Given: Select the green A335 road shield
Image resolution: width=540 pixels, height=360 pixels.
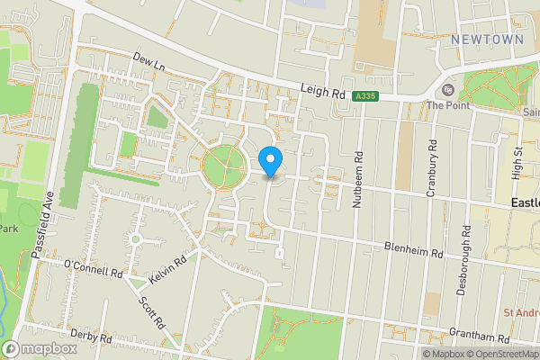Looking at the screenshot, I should [364, 96].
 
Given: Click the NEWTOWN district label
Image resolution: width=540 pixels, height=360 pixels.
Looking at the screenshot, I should [486, 40].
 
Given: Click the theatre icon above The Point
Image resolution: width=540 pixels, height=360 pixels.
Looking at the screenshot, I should [447, 90].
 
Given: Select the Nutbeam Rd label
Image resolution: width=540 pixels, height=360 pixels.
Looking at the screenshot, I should [357, 180].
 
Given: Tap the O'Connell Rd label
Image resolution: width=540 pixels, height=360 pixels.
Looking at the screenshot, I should [93, 269].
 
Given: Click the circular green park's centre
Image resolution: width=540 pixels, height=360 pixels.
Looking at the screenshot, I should [223, 166].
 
